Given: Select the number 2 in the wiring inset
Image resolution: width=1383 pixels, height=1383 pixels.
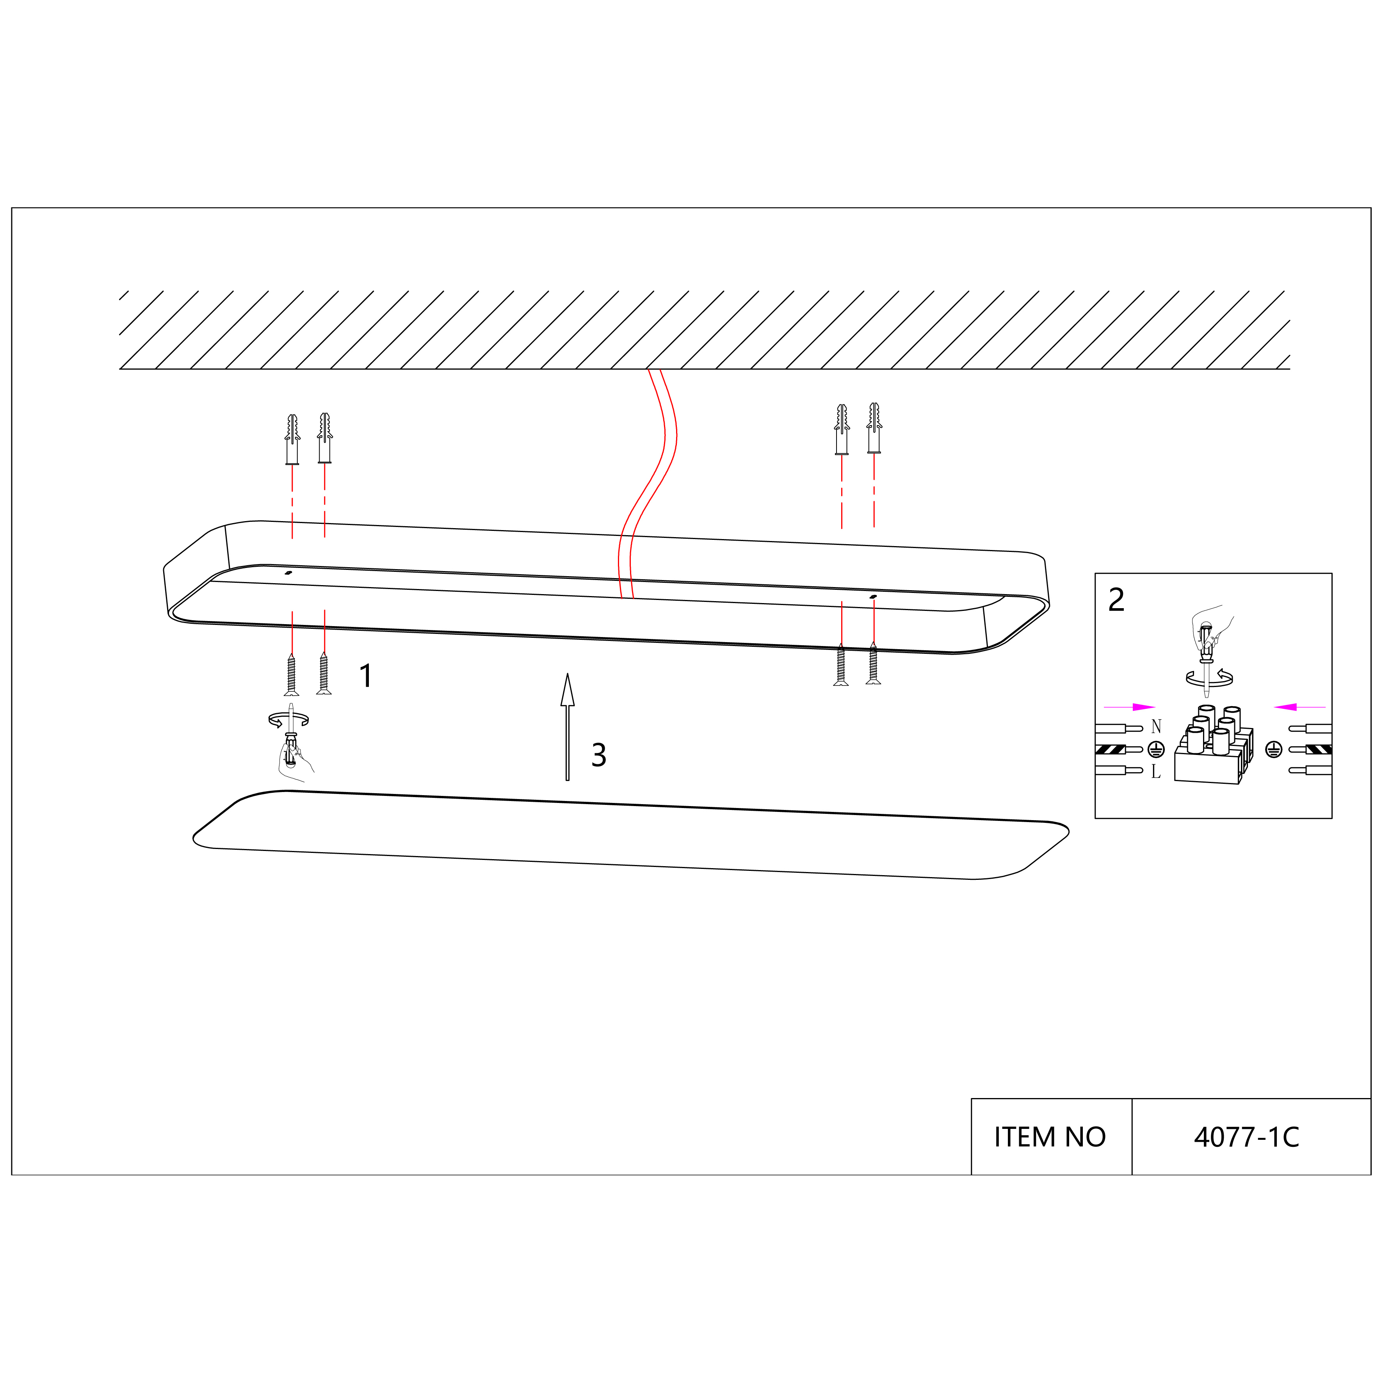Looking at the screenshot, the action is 1116,600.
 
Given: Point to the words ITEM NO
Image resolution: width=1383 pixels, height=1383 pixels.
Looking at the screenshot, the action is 1049,1137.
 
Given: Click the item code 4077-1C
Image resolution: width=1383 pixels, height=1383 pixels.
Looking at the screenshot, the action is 1246,1137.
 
